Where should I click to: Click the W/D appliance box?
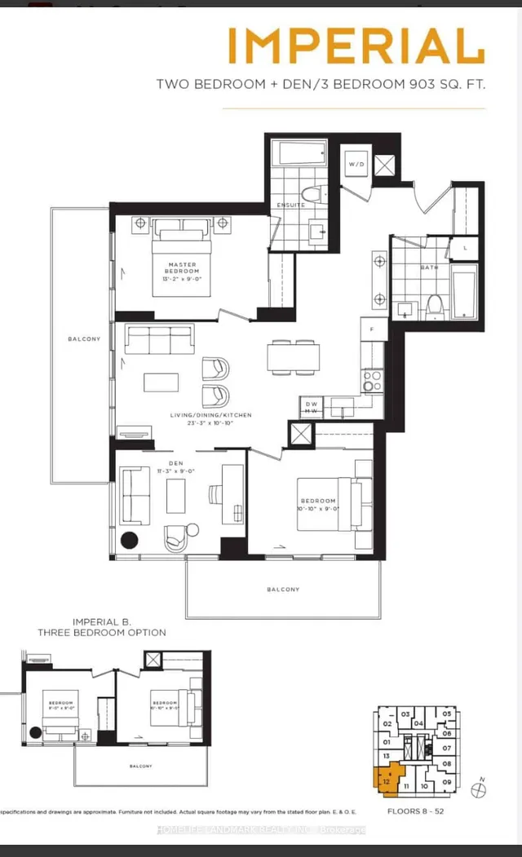click(x=356, y=164)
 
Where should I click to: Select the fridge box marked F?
click(x=373, y=329)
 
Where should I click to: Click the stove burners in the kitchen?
click(x=371, y=382)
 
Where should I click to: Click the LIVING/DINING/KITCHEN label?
click(x=210, y=415)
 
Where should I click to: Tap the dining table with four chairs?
click(x=293, y=356)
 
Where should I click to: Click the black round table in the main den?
click(x=130, y=539)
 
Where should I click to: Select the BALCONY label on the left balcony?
click(x=84, y=339)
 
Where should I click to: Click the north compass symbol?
click(x=483, y=787)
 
